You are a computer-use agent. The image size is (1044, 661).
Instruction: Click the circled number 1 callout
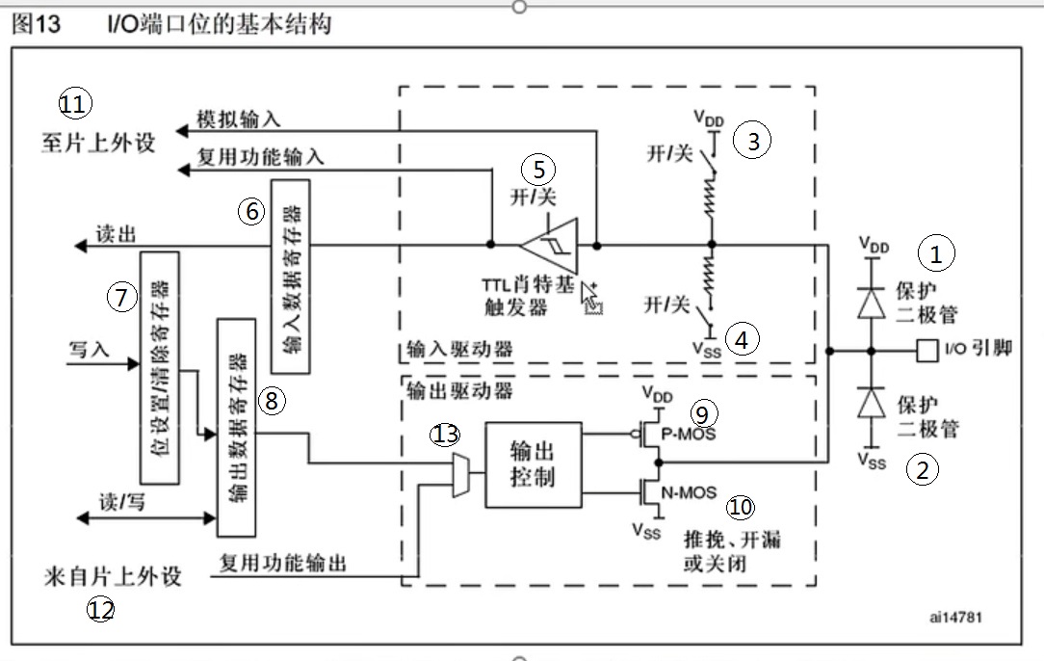point(934,253)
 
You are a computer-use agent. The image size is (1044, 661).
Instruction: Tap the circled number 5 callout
point(538,170)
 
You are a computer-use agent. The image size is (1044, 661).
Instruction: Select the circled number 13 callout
point(446,435)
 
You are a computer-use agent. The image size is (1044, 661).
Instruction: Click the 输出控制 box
point(533,464)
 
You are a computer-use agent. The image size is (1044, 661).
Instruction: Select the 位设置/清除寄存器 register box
point(160,367)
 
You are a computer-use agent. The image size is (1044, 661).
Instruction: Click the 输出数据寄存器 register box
point(236,426)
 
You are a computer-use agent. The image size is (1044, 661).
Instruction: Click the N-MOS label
point(689,493)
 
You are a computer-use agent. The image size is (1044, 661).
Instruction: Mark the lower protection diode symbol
point(872,401)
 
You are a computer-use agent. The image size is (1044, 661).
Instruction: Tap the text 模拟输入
point(238,119)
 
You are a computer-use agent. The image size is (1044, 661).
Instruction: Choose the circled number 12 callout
point(100,610)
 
